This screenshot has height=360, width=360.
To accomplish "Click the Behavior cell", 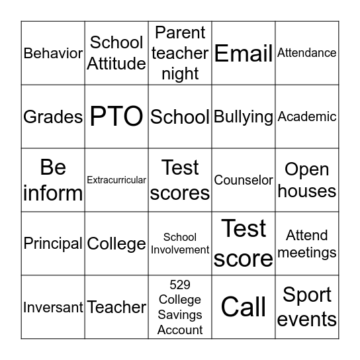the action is click(53, 53).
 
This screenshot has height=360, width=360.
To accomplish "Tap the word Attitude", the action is click(116, 64).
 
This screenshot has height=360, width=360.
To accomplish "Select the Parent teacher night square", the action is click(180, 53).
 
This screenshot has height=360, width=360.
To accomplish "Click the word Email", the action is click(244, 53).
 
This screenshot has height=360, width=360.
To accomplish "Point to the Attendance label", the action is click(307, 53).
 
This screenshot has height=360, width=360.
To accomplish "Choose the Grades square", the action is click(53, 116).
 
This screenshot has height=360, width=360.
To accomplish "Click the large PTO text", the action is click(116, 116).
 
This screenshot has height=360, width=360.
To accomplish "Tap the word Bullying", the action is click(244, 117).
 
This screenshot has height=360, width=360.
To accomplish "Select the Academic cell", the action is click(307, 116).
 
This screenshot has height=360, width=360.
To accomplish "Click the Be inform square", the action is click(53, 180).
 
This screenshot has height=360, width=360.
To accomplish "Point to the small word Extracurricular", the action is click(116, 180).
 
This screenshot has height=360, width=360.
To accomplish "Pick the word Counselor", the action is click(244, 180).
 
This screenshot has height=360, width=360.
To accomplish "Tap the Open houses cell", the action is click(307, 180).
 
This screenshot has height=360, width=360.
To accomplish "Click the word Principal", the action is click(53, 244).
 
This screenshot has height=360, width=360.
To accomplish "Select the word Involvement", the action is click(180, 250).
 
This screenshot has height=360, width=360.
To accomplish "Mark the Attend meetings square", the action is click(307, 244).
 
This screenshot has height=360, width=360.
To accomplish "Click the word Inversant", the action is click(53, 307).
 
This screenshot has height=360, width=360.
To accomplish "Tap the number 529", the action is click(180, 285).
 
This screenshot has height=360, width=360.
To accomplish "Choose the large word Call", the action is click(244, 307).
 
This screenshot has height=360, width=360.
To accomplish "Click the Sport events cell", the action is click(307, 307).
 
